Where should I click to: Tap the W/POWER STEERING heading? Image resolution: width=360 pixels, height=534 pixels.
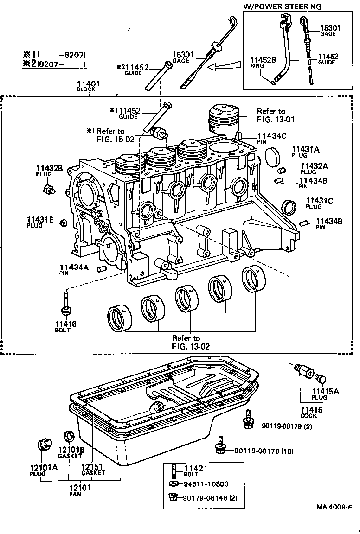(282, 6)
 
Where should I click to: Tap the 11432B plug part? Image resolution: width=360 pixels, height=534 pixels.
(48, 189)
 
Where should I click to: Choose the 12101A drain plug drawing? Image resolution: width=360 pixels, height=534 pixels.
(45, 445)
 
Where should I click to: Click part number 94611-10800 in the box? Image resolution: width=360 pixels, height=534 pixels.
(206, 484)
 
